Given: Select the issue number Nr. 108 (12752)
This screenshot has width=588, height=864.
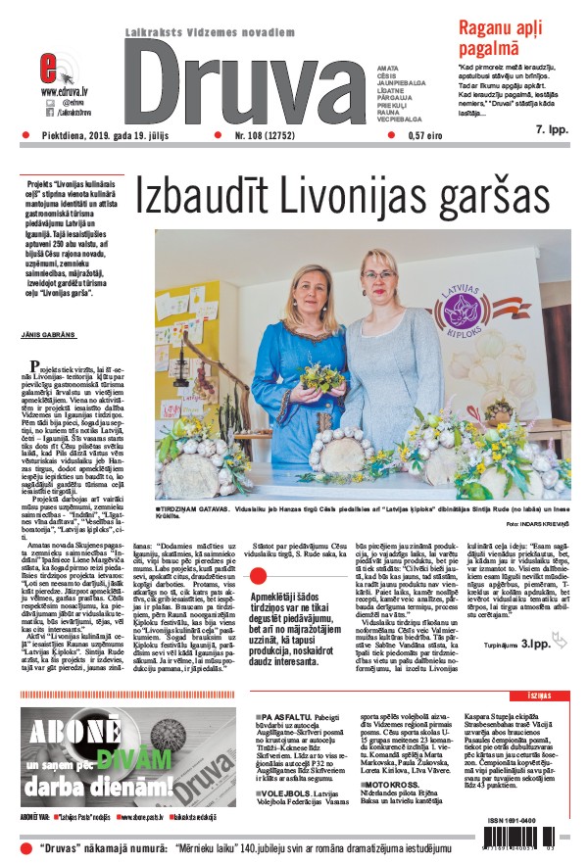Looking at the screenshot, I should pyautogui.click(x=268, y=137).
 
